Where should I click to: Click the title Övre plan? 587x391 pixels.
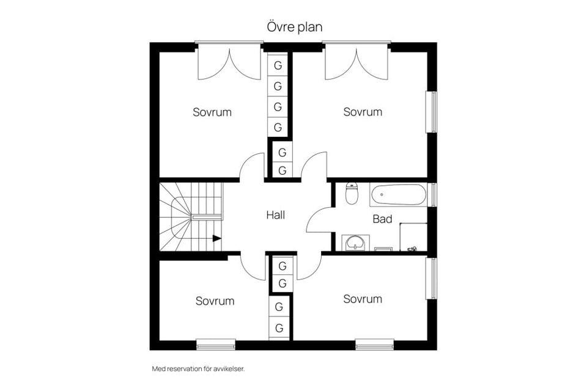pyautogui.click(x=295, y=27)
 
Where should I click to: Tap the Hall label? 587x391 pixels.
pyautogui.click(x=276, y=215)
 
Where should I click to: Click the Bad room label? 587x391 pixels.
pyautogui.click(x=382, y=219)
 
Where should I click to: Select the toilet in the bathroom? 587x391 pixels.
pyautogui.click(x=352, y=193)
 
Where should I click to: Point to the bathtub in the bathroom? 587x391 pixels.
pyautogui.click(x=398, y=194)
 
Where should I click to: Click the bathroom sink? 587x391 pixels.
pyautogui.click(x=356, y=243)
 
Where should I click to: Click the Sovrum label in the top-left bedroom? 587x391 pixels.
pyautogui.click(x=212, y=112)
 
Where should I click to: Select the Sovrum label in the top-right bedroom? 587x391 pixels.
pyautogui.click(x=363, y=112)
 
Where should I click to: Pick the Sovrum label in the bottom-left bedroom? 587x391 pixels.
pyautogui.click(x=215, y=301)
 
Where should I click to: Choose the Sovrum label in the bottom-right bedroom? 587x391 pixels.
pyautogui.click(x=363, y=299)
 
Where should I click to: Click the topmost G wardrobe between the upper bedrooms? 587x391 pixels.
pyautogui.click(x=278, y=65)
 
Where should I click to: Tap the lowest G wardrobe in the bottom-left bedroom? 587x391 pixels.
pyautogui.click(x=279, y=329)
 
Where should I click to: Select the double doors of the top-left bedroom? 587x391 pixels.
pyautogui.click(x=229, y=62)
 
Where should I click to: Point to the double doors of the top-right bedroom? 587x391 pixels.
pyautogui.click(x=356, y=62)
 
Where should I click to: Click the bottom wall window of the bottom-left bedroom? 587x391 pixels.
pyautogui.click(x=216, y=345)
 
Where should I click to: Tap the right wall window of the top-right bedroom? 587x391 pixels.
pyautogui.click(x=432, y=112)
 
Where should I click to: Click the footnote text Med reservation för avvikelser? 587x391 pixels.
pyautogui.click(x=198, y=369)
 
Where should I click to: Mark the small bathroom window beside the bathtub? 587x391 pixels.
pyautogui.click(x=432, y=194)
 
